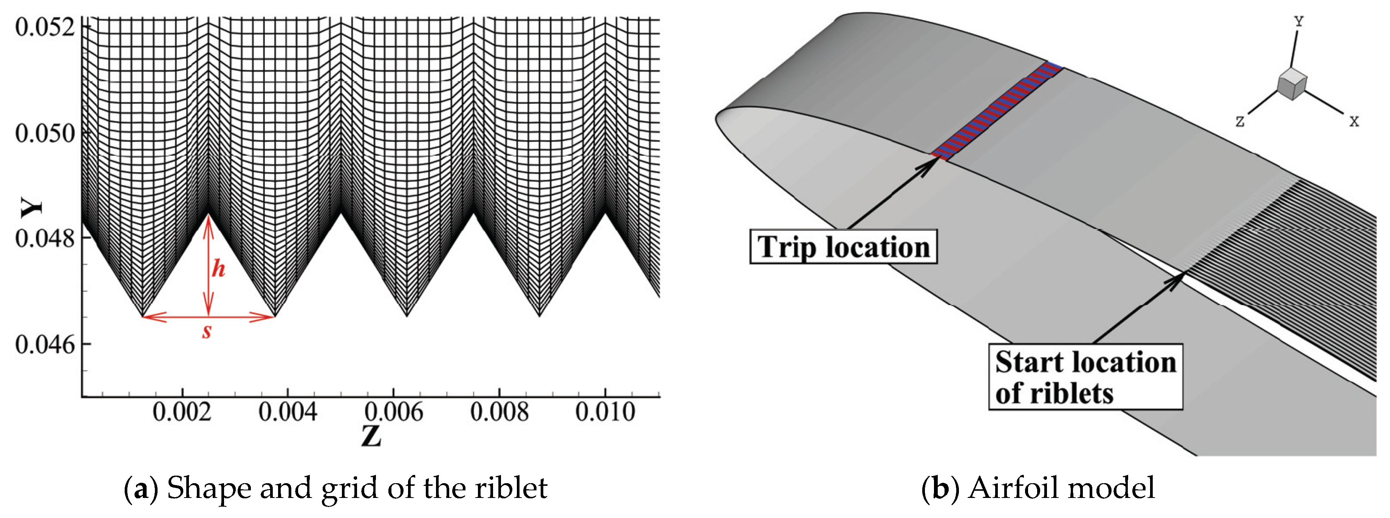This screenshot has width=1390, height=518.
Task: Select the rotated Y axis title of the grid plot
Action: coord(31,207)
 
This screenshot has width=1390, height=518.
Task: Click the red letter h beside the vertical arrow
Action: coord(218,268)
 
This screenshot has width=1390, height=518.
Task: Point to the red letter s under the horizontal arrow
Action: coord(207,331)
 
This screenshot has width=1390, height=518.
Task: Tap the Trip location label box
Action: coord(843,247)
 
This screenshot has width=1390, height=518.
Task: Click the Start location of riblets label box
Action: coord(1085,377)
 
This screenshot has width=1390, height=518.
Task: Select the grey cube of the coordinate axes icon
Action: coord(1292,85)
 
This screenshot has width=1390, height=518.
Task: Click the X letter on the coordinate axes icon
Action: coord(1354,121)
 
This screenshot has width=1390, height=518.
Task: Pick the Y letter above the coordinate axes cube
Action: coord(1299,22)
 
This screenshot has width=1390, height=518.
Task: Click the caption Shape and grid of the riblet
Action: coord(336,488)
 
